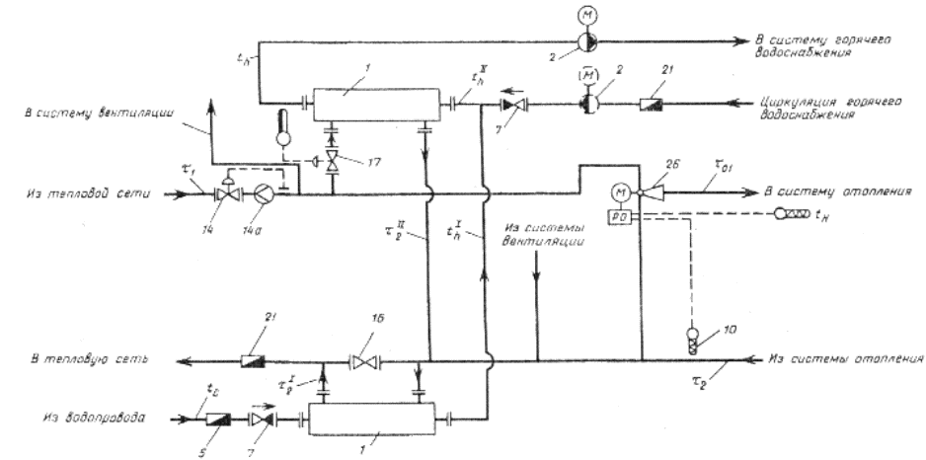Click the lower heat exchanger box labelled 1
pyautogui.click(x=370, y=418)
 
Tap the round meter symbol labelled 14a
pyautogui.click(x=264, y=193)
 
